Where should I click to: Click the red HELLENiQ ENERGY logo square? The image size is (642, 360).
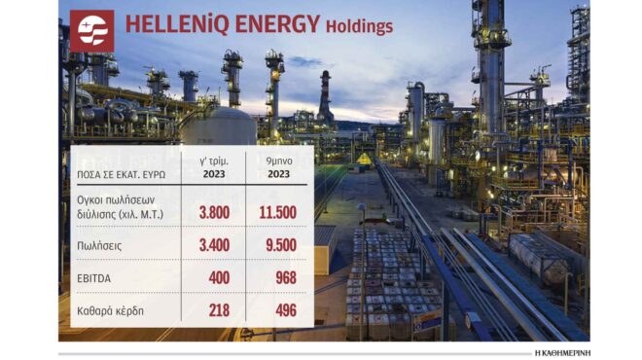click(x=91, y=30)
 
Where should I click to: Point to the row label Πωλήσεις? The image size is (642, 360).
click(x=102, y=246)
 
